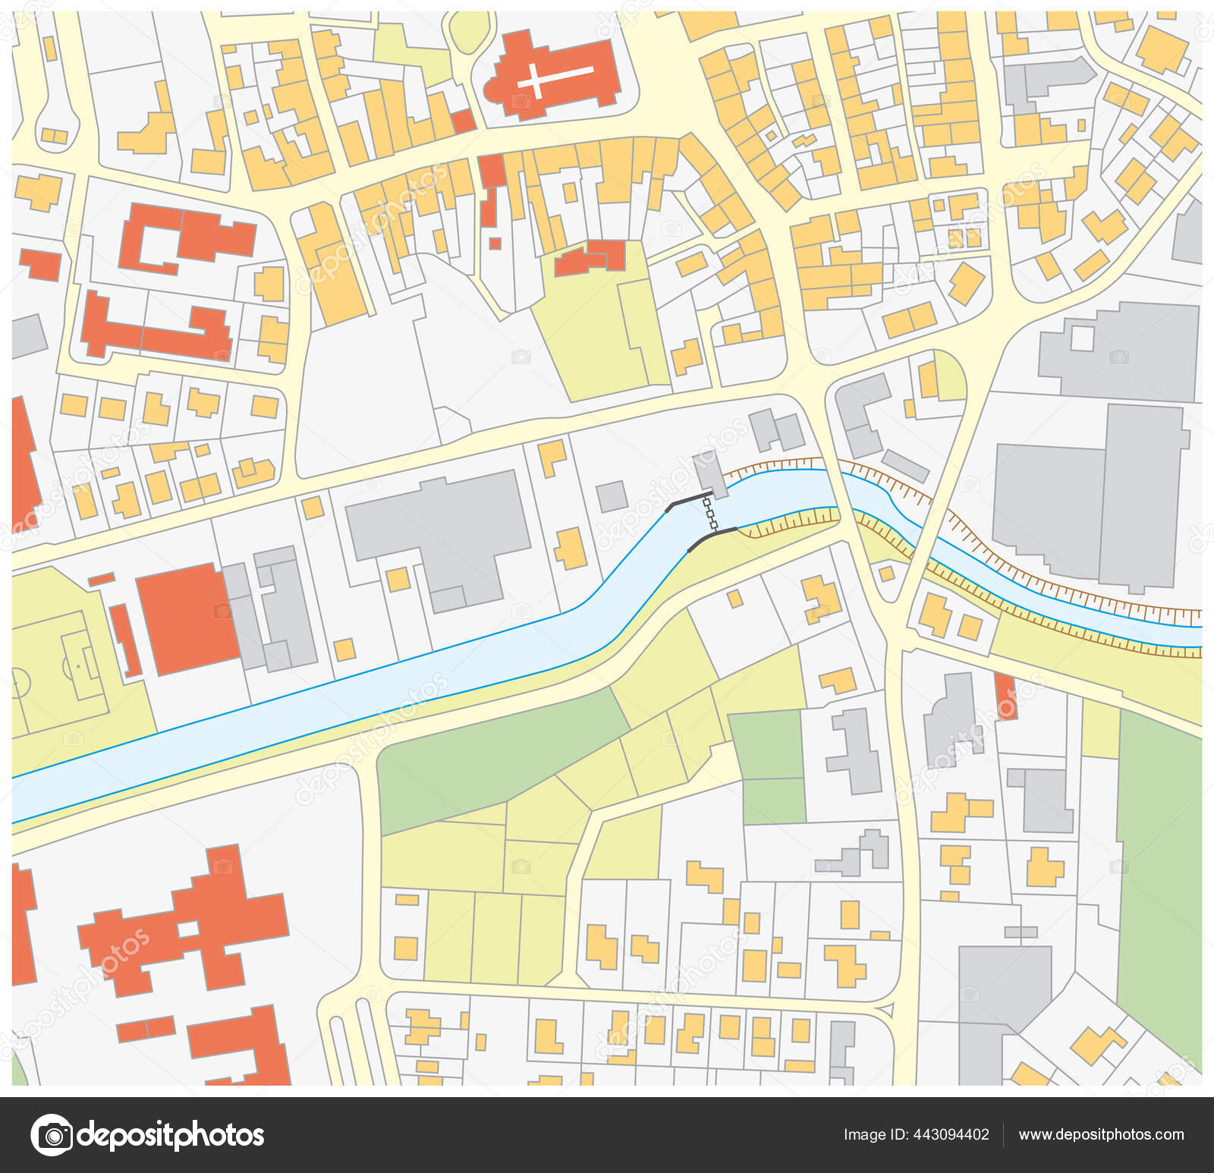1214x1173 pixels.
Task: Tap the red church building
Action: point(584,91)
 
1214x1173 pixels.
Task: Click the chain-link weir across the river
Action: point(712,513)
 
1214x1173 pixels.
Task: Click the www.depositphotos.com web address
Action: point(1101,1135)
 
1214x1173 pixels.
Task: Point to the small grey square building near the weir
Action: point(612,496)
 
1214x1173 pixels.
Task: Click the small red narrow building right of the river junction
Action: point(1005,694)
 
